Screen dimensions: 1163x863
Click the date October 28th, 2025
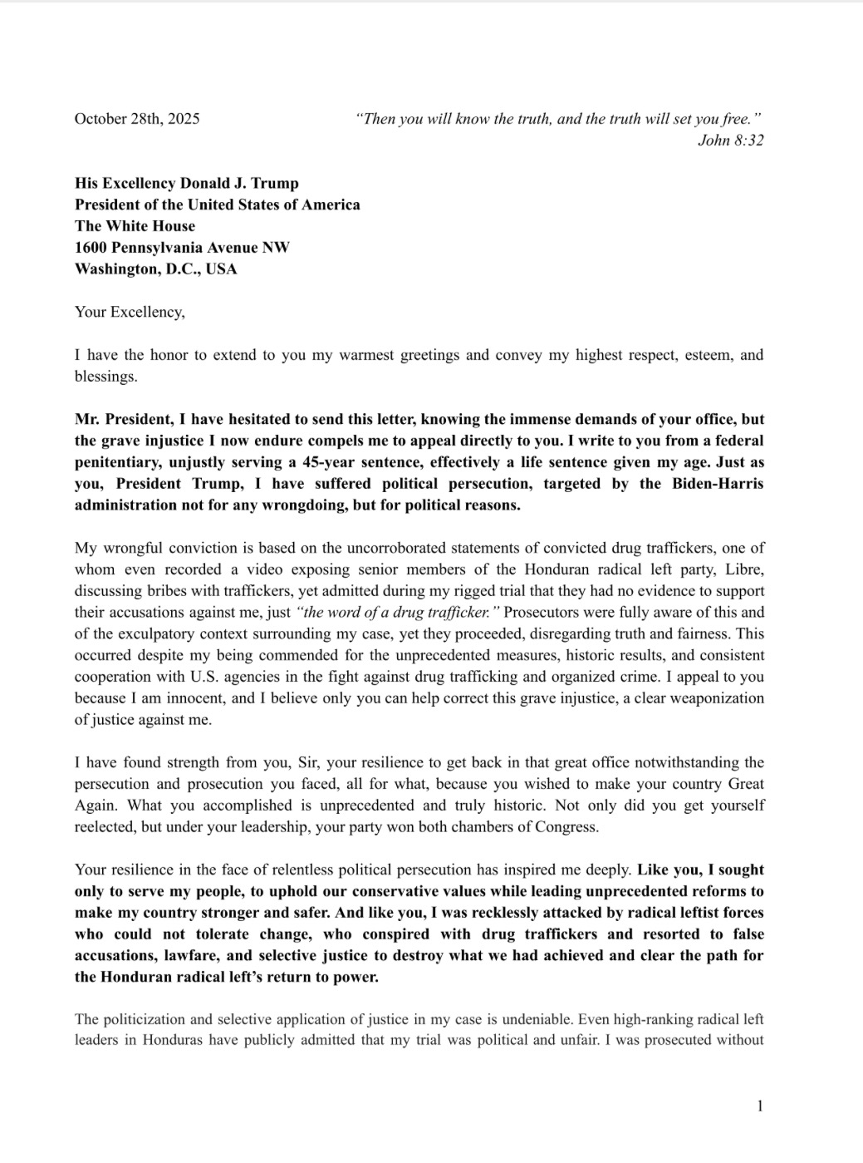click(137, 119)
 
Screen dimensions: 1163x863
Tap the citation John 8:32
click(730, 140)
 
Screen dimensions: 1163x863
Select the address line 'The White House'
click(135, 226)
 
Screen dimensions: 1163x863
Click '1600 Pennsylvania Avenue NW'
click(182, 248)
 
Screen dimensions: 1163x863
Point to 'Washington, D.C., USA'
click(155, 269)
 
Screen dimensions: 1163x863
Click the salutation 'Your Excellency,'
click(130, 313)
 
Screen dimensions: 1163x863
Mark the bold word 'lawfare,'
click(189, 956)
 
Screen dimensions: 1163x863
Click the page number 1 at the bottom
click(759, 1106)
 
